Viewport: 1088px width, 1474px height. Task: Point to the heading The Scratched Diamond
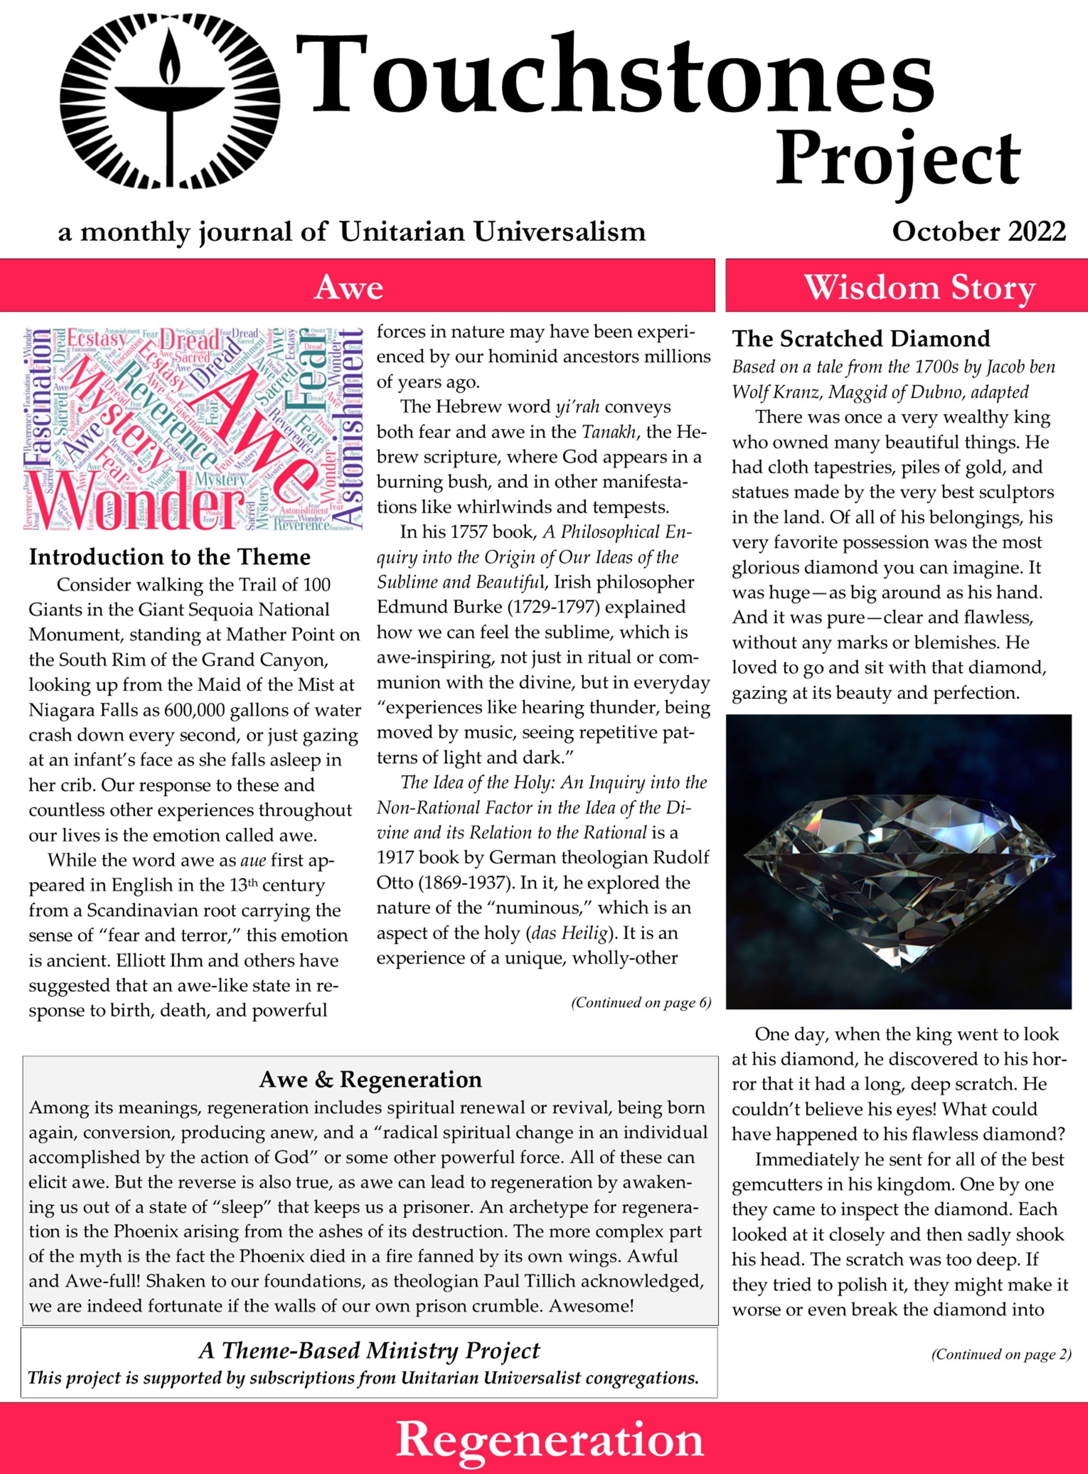861,339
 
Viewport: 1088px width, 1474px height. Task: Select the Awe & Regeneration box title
370,1080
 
